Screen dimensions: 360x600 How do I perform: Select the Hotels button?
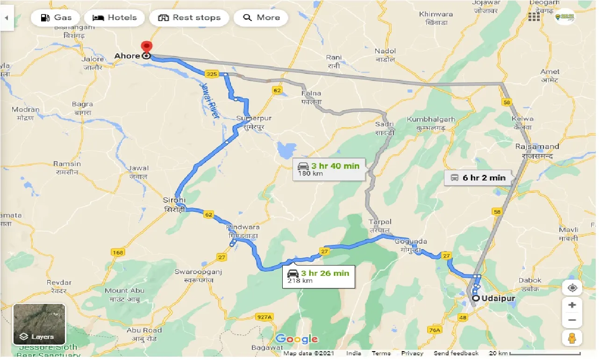(114, 18)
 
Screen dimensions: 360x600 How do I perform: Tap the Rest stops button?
(189, 18)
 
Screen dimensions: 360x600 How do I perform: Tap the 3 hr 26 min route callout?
(319, 276)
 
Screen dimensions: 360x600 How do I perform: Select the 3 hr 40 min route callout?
(329, 169)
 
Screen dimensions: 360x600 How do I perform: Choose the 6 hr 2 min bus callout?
(478, 178)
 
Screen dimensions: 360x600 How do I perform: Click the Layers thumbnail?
(39, 324)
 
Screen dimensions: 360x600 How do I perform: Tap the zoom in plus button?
(572, 305)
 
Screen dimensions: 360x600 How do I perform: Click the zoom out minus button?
(572, 321)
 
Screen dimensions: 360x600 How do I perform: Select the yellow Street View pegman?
(572, 338)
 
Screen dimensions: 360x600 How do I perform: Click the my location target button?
(572, 288)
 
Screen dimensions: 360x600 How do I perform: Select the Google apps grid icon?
(534, 17)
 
